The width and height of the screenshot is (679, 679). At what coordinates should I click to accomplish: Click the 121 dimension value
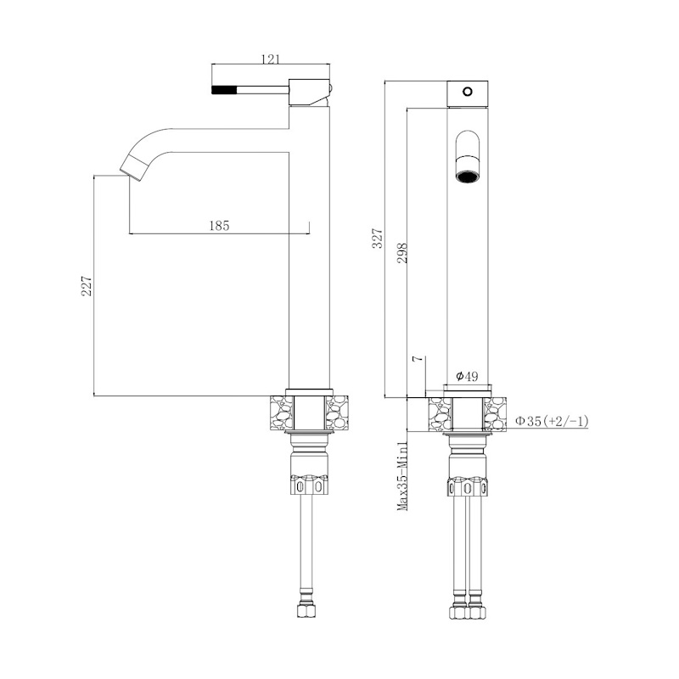[271, 59]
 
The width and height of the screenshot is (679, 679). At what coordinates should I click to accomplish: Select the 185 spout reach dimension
[219, 226]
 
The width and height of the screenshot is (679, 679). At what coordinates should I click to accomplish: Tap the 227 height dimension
[87, 285]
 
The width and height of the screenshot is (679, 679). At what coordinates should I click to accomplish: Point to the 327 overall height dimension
[378, 238]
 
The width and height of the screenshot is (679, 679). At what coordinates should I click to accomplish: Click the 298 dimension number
[402, 252]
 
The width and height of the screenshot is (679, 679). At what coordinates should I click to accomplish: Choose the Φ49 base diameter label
[467, 376]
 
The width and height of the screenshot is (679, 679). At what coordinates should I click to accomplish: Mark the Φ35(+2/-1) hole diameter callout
[552, 420]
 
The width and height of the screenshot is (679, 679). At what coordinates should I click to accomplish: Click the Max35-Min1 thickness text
[402, 476]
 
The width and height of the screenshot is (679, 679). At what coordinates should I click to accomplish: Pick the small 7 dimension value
[418, 359]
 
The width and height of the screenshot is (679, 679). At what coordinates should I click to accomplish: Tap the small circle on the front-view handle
[468, 92]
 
